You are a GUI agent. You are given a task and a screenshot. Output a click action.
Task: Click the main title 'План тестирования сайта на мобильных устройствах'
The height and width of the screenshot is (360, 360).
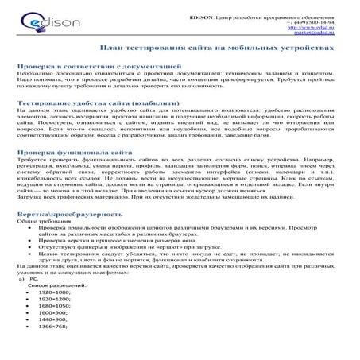click(x=180, y=49)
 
